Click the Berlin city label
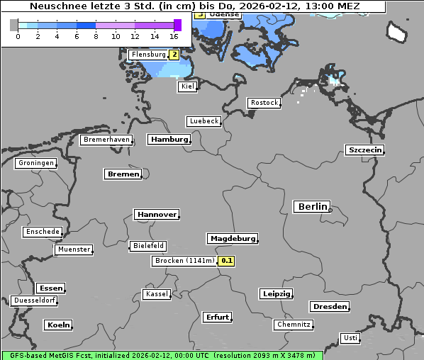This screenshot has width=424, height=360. click(x=312, y=207)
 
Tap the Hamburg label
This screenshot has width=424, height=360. click(x=169, y=140)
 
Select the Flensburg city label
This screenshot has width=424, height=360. click(x=149, y=55)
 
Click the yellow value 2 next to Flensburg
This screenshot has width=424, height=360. click(x=174, y=55)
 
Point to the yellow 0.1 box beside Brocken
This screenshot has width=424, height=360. click(x=226, y=261)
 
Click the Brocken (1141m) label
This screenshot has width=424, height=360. click(x=184, y=261)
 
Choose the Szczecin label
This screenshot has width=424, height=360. click(x=364, y=150)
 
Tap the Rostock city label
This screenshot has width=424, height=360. click(x=264, y=103)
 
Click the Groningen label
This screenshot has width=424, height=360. click(x=35, y=163)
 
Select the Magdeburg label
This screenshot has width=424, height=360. click(x=233, y=239)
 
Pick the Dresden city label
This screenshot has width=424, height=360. click(x=329, y=307)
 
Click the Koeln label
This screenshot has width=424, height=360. click(x=58, y=325)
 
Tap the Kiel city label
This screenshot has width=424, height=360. click(x=187, y=86)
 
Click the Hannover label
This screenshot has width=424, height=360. click(x=156, y=214)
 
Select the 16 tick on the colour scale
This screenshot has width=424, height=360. click(x=174, y=35)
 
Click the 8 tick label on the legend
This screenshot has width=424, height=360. click(x=96, y=35)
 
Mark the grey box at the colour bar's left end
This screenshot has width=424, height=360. click(x=14, y=25)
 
